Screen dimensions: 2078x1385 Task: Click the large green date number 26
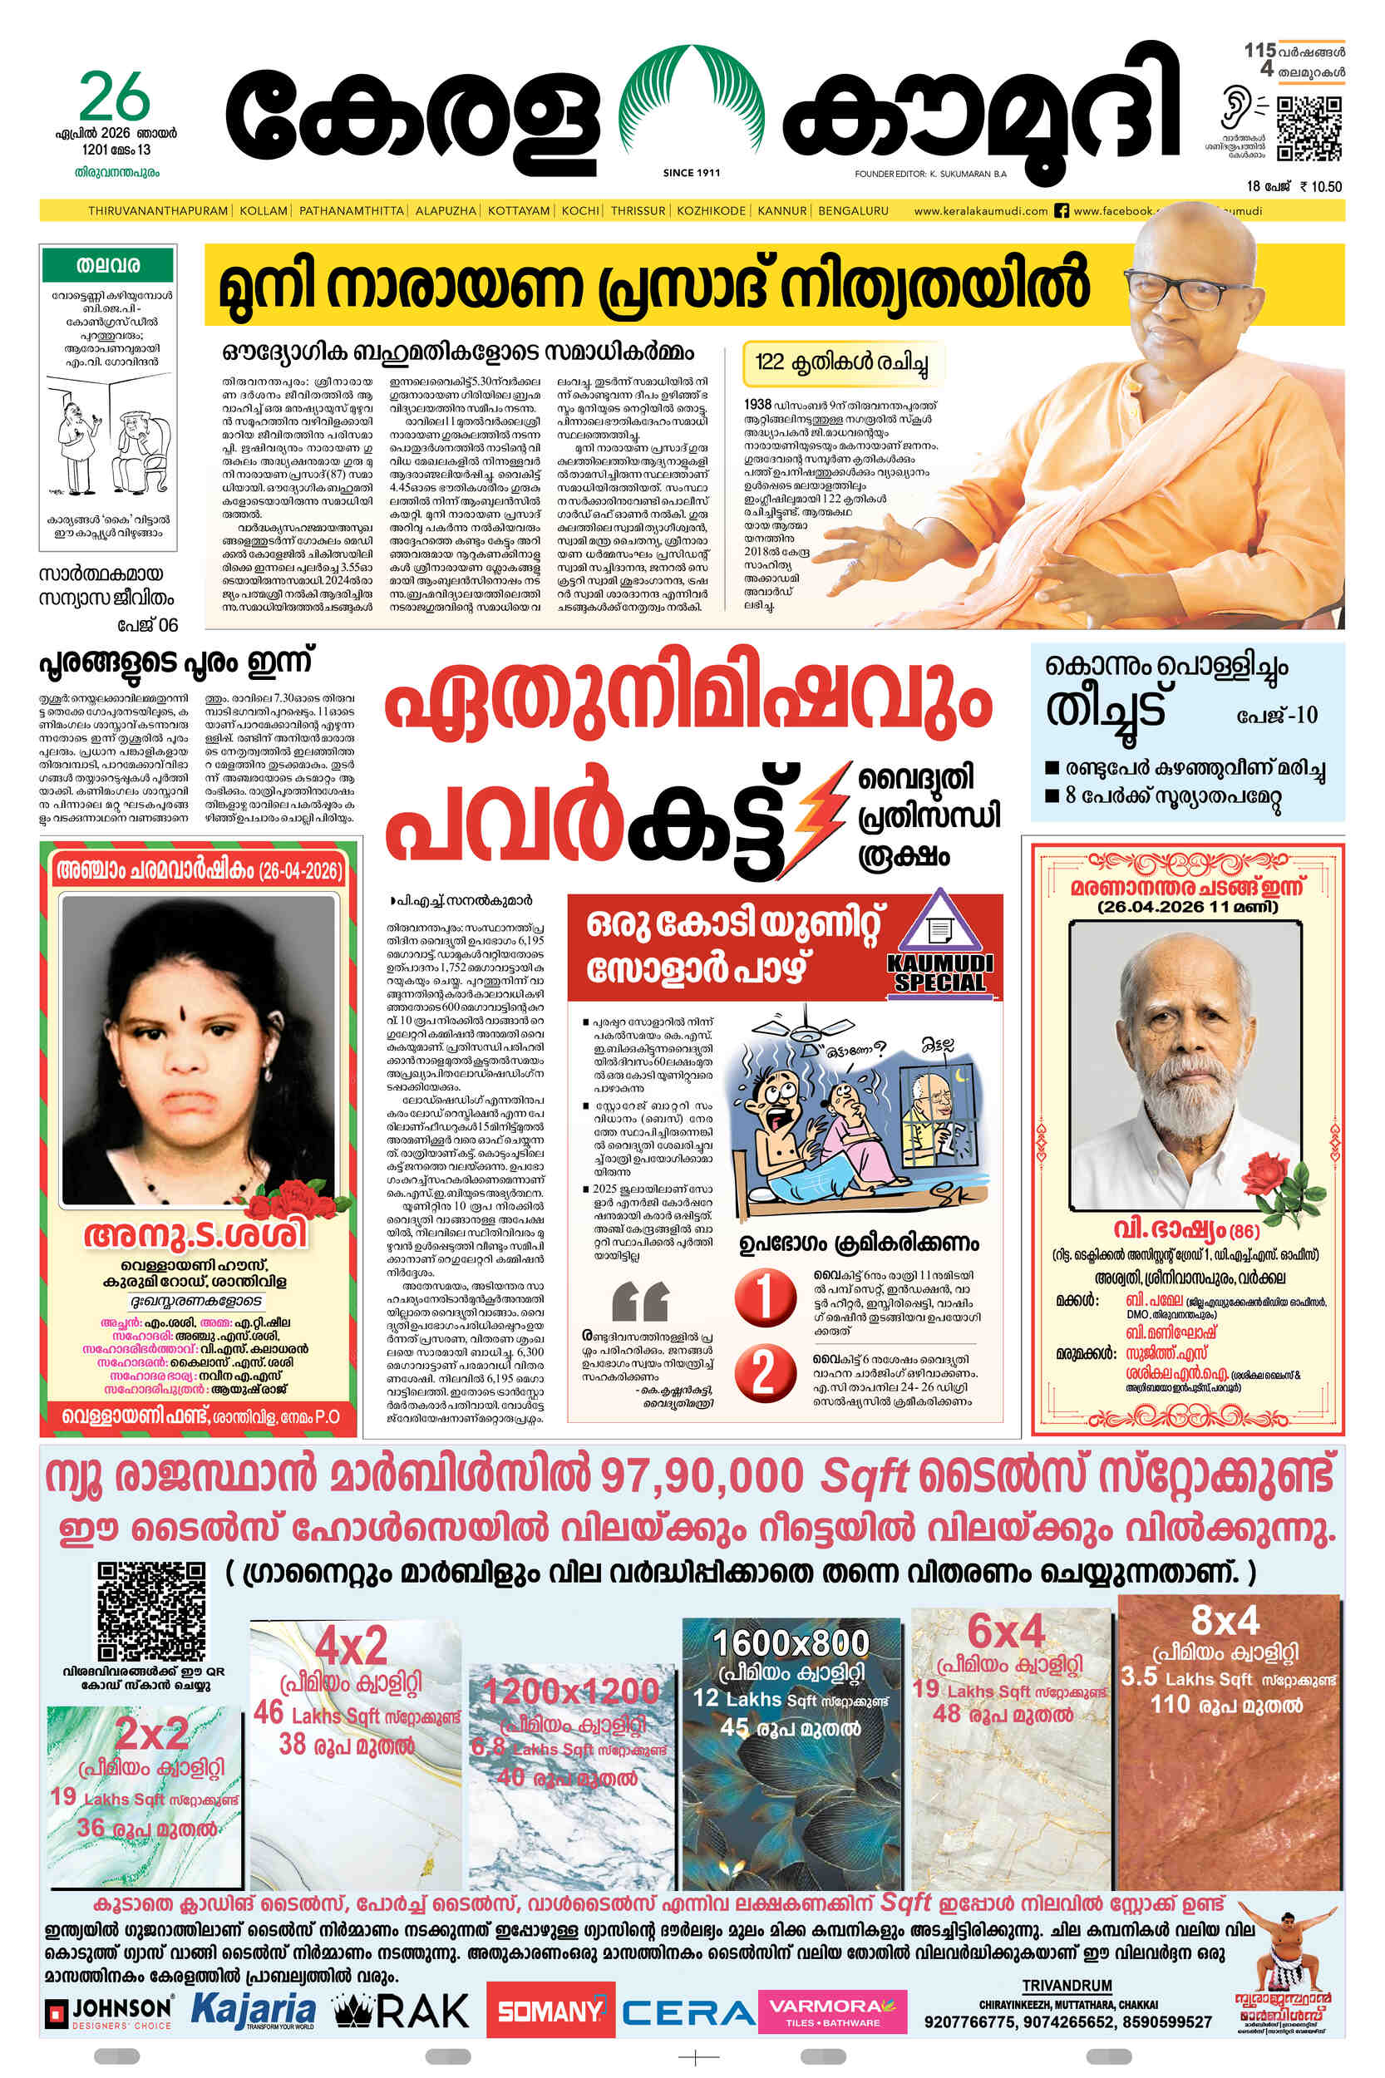(114, 98)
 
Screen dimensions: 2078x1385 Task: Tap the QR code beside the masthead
(1309, 129)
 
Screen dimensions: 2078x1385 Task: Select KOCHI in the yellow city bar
(580, 211)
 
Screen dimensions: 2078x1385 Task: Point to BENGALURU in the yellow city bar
(852, 211)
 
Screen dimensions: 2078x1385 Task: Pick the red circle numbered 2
(762, 1373)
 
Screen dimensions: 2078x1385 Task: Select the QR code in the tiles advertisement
(151, 1611)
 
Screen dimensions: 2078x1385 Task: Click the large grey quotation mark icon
(639, 1301)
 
